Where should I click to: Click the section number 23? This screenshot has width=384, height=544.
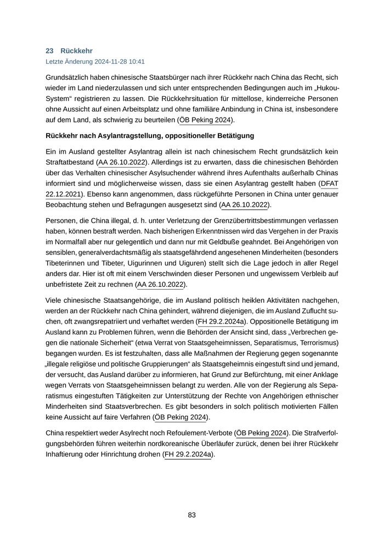click(49, 51)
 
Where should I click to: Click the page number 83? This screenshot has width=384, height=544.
click(192, 515)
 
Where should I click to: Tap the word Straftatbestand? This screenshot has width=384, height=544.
click(70, 163)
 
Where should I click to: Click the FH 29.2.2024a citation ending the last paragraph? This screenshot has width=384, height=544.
click(188, 455)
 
